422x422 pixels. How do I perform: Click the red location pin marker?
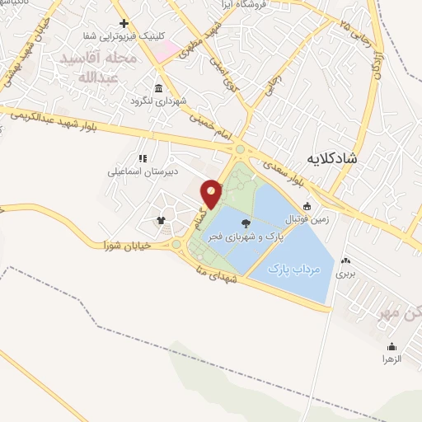click(212, 194)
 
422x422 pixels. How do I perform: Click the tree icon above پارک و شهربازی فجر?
click(245, 223)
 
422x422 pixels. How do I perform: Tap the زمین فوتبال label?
click(306, 218)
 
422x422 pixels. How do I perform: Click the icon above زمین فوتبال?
click(307, 206)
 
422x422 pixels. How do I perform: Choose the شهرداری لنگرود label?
click(157, 101)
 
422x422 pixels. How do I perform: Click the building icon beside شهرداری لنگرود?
click(157, 88)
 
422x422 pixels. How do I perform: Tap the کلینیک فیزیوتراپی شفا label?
click(124, 35)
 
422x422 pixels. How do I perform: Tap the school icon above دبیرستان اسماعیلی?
click(142, 158)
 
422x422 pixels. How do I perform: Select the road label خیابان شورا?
click(124, 246)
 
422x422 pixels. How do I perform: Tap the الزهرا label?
click(390, 359)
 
